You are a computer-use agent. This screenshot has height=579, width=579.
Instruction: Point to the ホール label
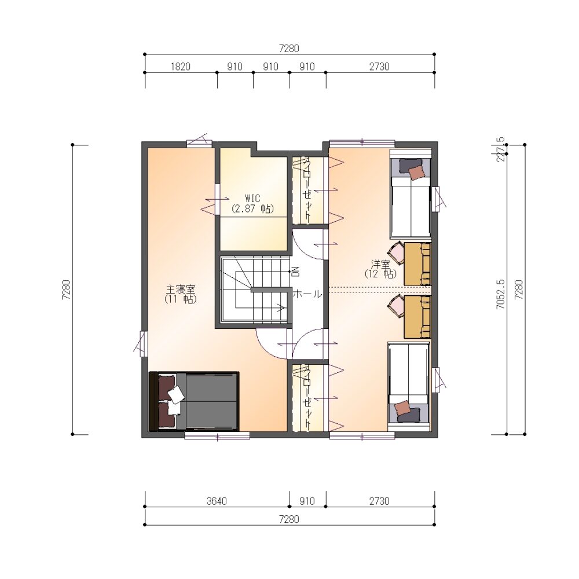pyautogui.click(x=307, y=294)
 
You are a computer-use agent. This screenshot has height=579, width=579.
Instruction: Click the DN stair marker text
pyautogui.click(x=296, y=272)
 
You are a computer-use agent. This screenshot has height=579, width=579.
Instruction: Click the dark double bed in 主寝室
pyautogui.click(x=194, y=401)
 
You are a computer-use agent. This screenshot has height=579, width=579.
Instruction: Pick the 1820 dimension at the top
pyautogui.click(x=181, y=67)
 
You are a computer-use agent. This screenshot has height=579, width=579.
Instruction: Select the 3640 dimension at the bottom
pyautogui.click(x=217, y=501)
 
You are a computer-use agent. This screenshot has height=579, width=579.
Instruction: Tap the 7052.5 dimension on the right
pyautogui.click(x=501, y=294)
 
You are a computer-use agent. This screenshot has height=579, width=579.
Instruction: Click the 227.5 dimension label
pyautogui.click(x=501, y=149)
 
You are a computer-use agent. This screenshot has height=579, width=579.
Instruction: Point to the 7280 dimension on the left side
pyautogui.click(x=67, y=289)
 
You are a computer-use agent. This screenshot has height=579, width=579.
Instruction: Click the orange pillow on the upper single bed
pyautogui.click(x=416, y=173)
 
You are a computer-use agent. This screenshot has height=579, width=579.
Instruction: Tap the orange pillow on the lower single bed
pyautogui.click(x=402, y=408)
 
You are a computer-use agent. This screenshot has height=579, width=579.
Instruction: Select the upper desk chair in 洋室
pyautogui.click(x=396, y=254)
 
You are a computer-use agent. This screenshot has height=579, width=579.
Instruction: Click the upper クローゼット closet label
pyautogui.click(x=307, y=190)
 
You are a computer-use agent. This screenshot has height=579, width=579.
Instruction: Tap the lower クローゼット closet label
pyautogui.click(x=307, y=397)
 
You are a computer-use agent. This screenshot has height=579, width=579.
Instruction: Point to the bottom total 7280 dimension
pyautogui.click(x=289, y=519)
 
